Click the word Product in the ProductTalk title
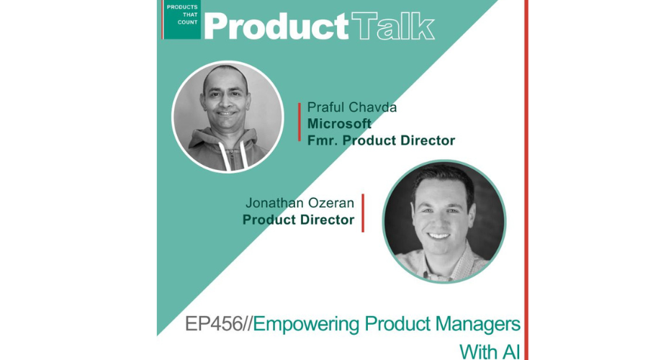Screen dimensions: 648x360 [276, 26]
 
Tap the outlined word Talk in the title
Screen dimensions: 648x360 [392, 26]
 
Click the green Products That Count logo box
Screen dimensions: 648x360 [182, 20]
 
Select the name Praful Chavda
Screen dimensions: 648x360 [351, 107]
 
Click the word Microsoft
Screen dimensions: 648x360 [339, 124]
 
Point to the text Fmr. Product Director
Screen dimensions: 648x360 [381, 140]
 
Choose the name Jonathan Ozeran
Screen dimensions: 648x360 [300, 203]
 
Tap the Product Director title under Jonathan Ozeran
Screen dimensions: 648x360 [298, 220]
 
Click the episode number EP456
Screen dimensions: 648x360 [213, 323]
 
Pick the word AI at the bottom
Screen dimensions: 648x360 [511, 352]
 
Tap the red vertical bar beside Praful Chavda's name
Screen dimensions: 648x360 [300, 122]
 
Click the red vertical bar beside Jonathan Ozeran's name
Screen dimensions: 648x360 [363, 213]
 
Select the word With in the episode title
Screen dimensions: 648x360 [478, 352]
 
